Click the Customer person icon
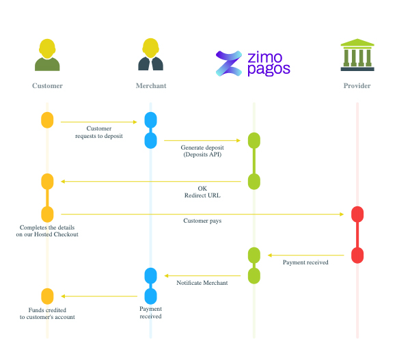pos(47,55)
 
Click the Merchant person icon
pos(150,55)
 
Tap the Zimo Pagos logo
pos(253,62)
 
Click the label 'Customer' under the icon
pos(47,86)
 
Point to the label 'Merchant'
pos(150,86)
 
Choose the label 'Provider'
pos(357,86)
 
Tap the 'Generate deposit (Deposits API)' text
pos(202,151)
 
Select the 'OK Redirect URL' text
pos(202,191)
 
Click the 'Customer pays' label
pos(202,221)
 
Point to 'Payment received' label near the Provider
pos(305,262)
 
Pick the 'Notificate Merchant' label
pos(202,282)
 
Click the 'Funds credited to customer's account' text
pos(47,313)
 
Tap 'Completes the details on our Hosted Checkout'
pos(48,230)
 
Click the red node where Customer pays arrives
pos(357,214)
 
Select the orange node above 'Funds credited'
pos(47,296)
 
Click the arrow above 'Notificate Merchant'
pos(202,276)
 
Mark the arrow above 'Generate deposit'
pos(202,140)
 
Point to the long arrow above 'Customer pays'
pos(202,214)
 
